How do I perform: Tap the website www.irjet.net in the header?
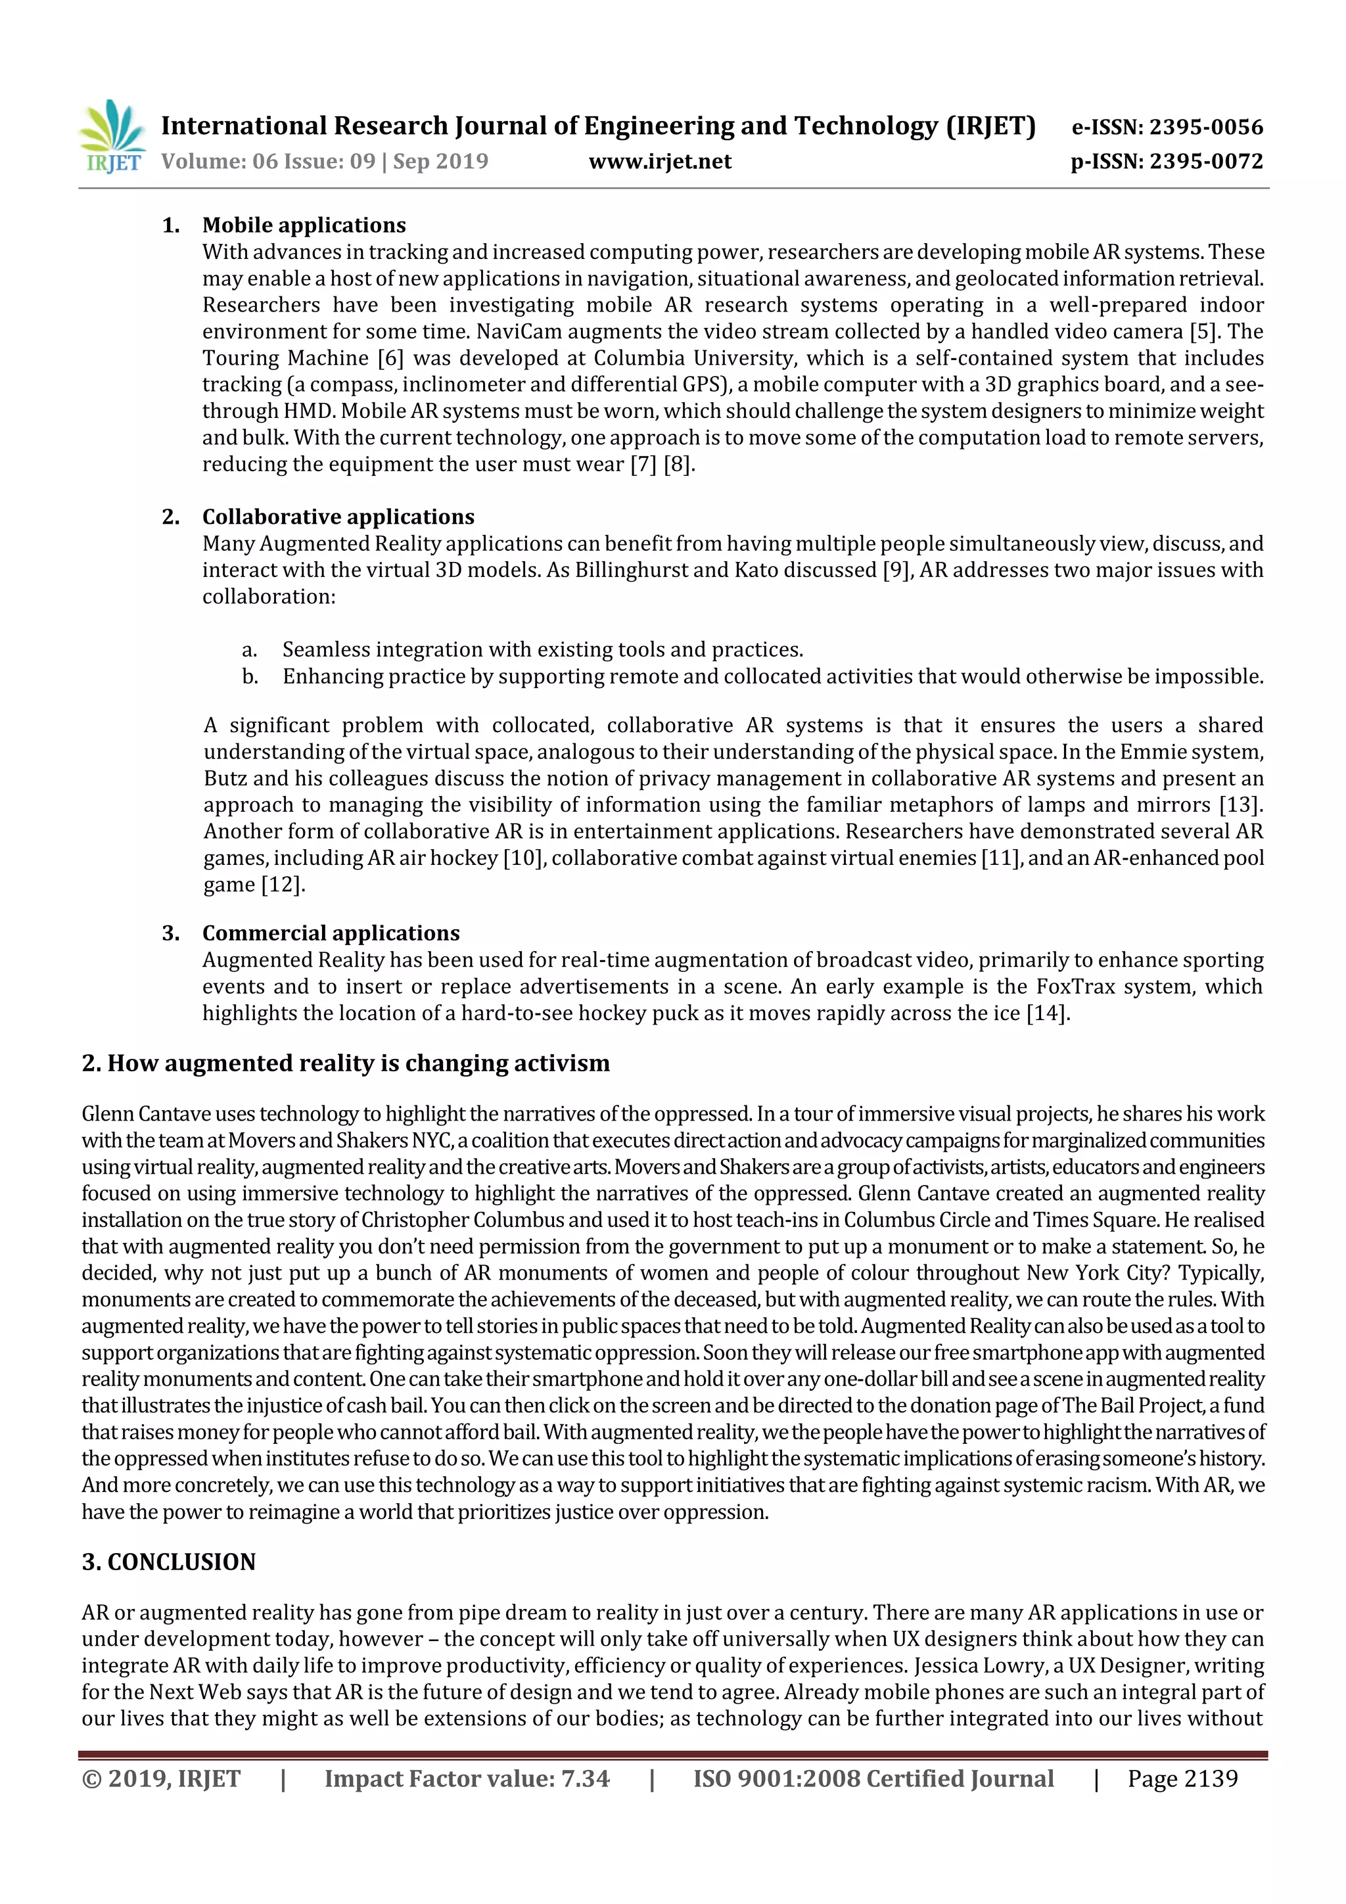click(659, 162)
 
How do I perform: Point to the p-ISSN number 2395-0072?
click(1206, 162)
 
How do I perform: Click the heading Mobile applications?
click(304, 225)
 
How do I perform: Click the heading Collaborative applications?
click(338, 517)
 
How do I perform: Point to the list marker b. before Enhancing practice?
click(250, 677)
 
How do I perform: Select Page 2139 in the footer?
click(1182, 1778)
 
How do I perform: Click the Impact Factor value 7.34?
click(585, 1778)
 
